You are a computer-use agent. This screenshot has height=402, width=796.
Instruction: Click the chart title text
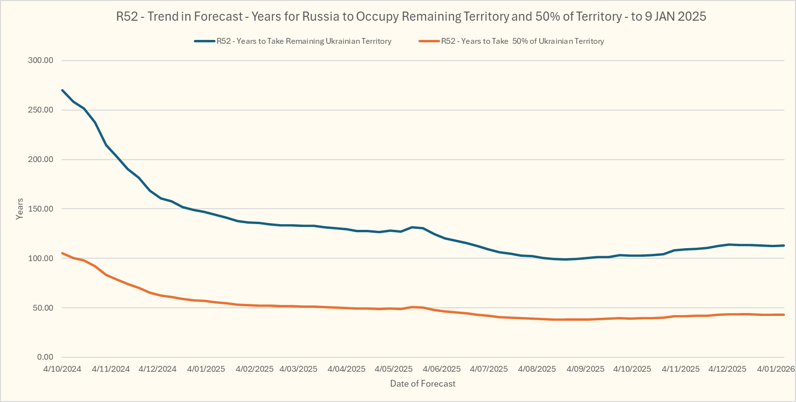click(411, 17)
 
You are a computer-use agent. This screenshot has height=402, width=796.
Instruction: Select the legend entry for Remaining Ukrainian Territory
click(303, 41)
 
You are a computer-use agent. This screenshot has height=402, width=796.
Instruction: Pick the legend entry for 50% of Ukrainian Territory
click(522, 41)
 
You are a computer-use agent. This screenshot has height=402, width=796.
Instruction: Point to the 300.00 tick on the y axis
click(40, 61)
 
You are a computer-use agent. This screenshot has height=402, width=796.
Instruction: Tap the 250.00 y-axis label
click(40, 110)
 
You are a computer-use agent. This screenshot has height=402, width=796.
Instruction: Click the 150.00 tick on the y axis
click(40, 209)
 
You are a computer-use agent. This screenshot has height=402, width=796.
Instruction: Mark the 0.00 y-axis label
click(45, 357)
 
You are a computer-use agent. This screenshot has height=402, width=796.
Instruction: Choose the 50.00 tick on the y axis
click(43, 308)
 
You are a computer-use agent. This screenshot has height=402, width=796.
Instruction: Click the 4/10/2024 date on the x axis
click(62, 369)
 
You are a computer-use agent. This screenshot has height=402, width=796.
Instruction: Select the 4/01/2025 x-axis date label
click(206, 369)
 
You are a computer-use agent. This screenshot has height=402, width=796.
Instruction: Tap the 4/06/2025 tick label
click(442, 369)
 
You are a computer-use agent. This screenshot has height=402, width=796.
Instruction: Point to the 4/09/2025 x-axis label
click(585, 369)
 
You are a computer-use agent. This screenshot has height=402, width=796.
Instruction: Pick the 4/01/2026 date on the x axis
click(776, 369)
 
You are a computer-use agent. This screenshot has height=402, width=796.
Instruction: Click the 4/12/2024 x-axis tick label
click(157, 369)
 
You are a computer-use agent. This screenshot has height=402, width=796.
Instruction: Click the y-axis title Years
click(20, 209)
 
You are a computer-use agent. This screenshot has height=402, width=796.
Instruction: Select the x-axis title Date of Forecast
click(422, 384)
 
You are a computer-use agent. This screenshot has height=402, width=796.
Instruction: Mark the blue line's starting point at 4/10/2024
click(63, 90)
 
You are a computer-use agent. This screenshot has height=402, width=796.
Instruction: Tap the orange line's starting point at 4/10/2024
click(63, 253)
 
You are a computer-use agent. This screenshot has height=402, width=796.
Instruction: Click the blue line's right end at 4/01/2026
click(784, 246)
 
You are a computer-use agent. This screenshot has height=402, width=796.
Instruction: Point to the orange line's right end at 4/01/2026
click(784, 315)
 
